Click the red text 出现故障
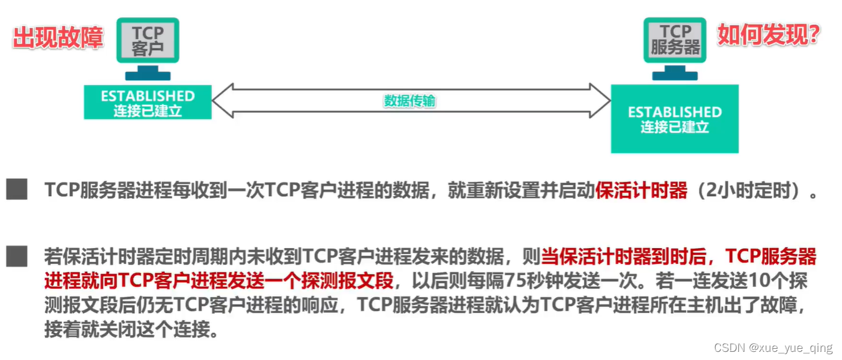(58, 37)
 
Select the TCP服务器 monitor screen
(675, 39)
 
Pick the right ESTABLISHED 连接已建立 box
(675, 119)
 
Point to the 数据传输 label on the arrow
(409, 101)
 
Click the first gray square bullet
(17, 189)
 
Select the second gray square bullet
(17, 256)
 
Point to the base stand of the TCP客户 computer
(148, 76)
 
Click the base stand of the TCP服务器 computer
(675, 76)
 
